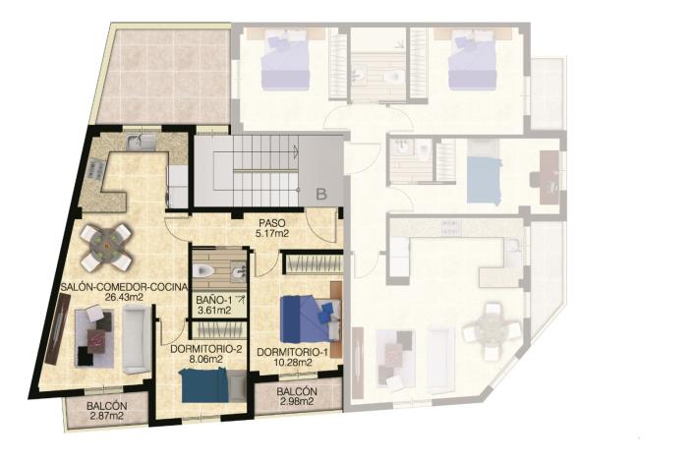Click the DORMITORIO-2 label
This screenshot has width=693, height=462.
pyautogui.click(x=207, y=349)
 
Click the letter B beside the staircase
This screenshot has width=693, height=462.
pyautogui.click(x=320, y=195)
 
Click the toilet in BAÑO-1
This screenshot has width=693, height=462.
pyautogui.click(x=204, y=269)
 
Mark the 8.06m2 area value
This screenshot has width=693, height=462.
pyautogui.click(x=207, y=360)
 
